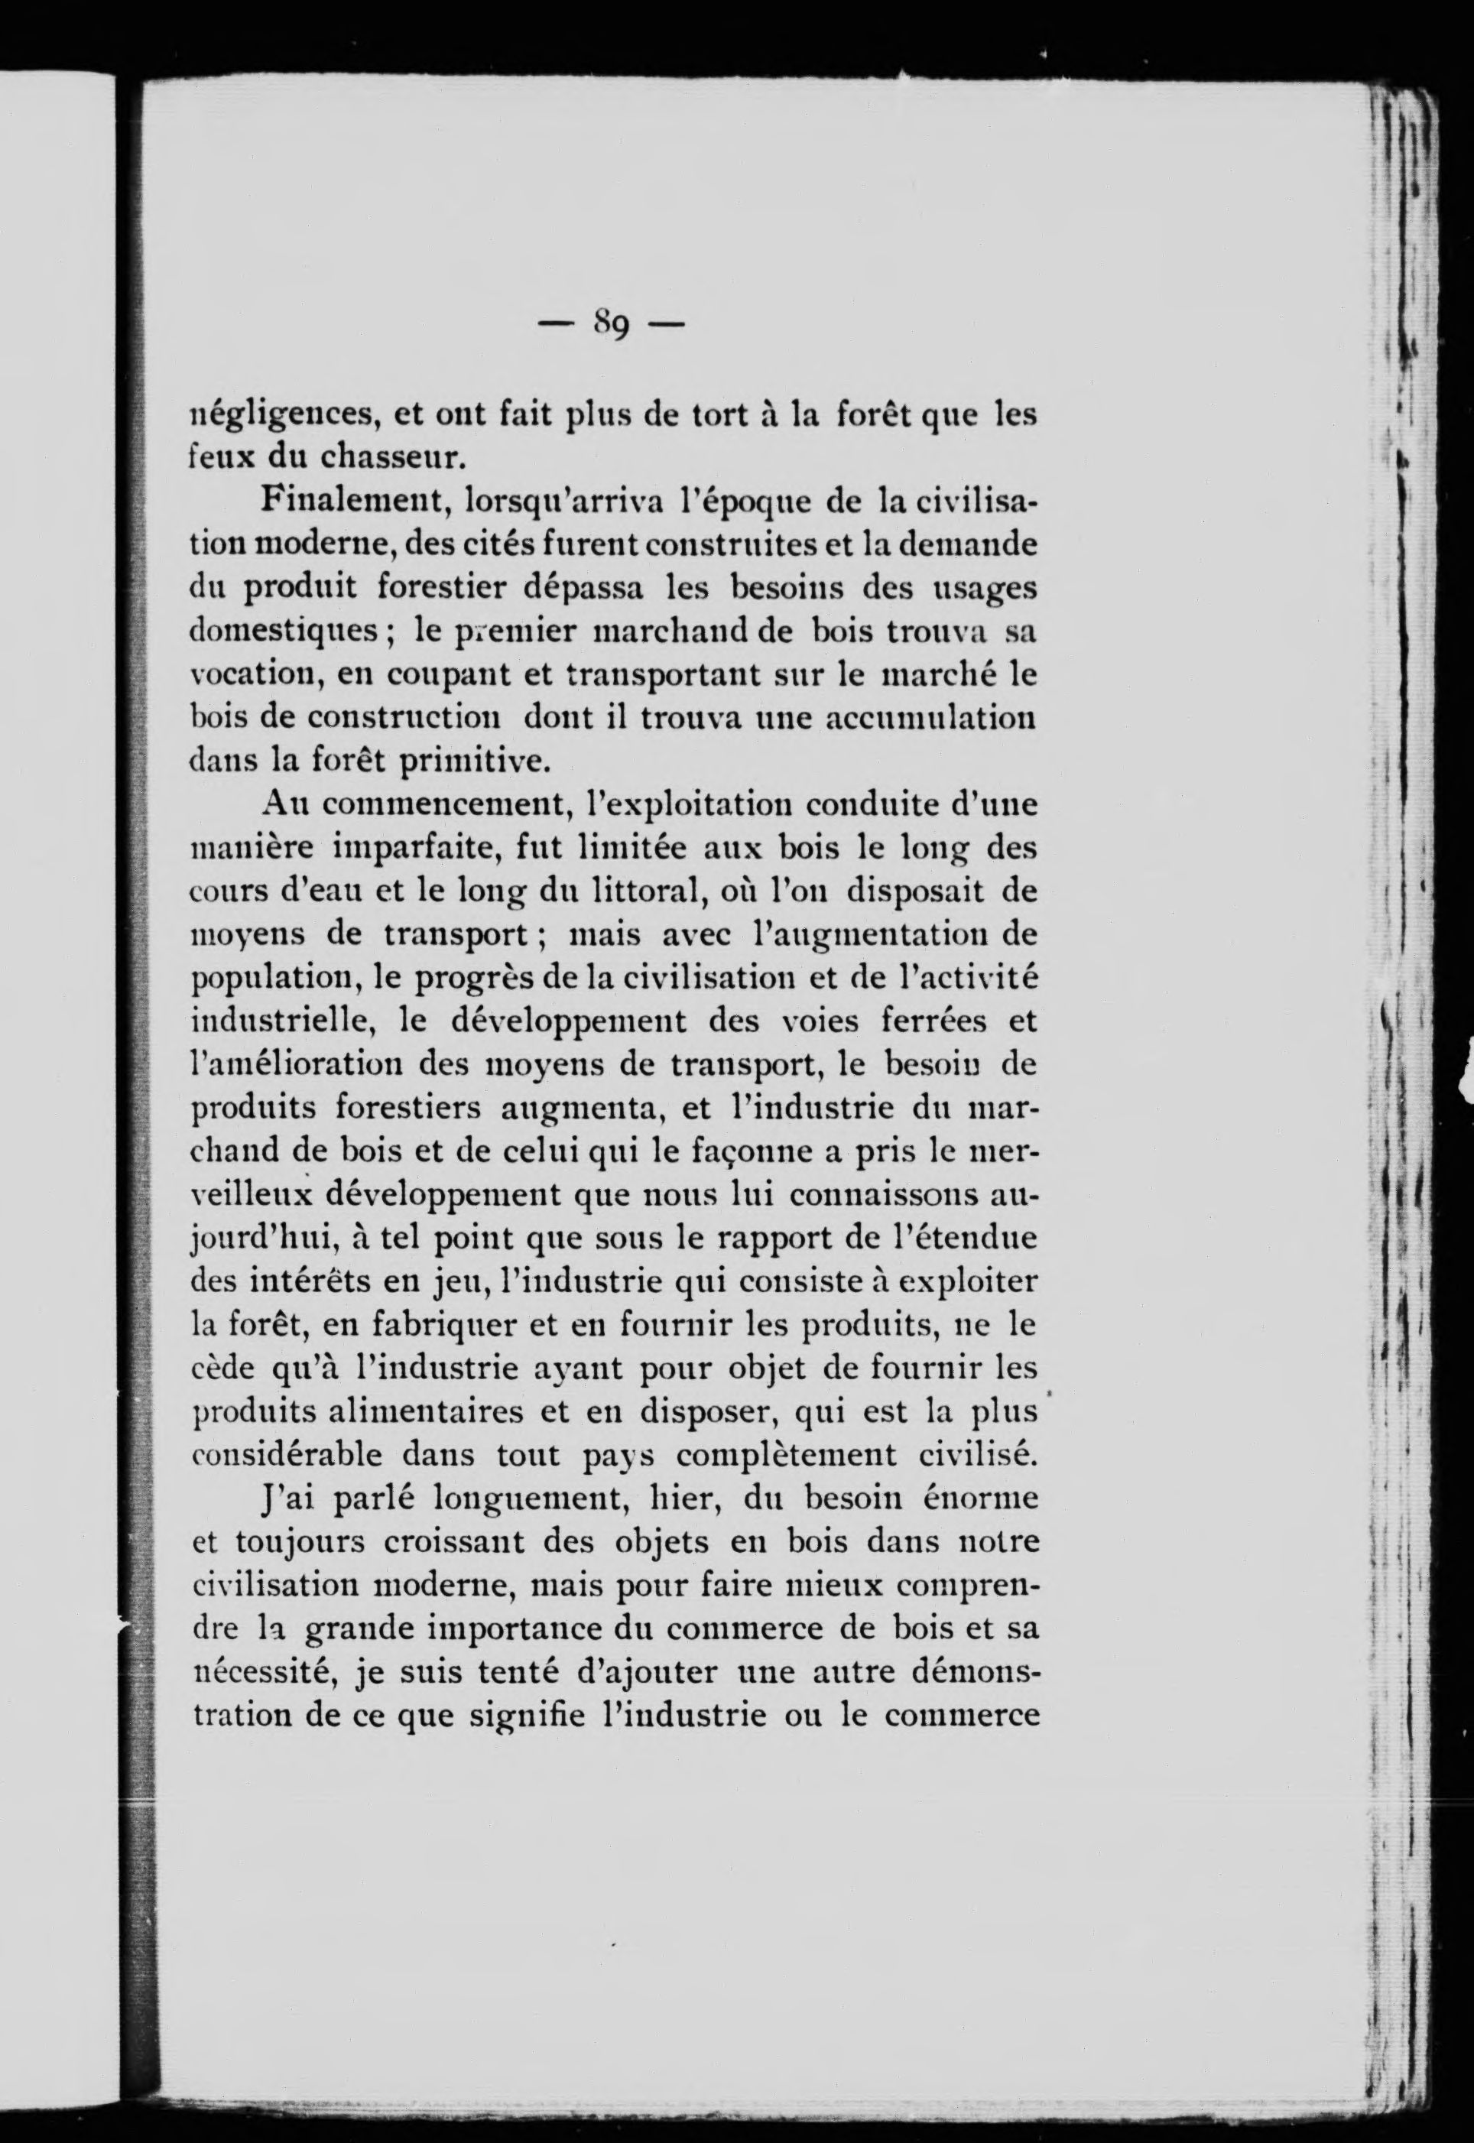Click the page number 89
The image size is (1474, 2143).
pos(612,325)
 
